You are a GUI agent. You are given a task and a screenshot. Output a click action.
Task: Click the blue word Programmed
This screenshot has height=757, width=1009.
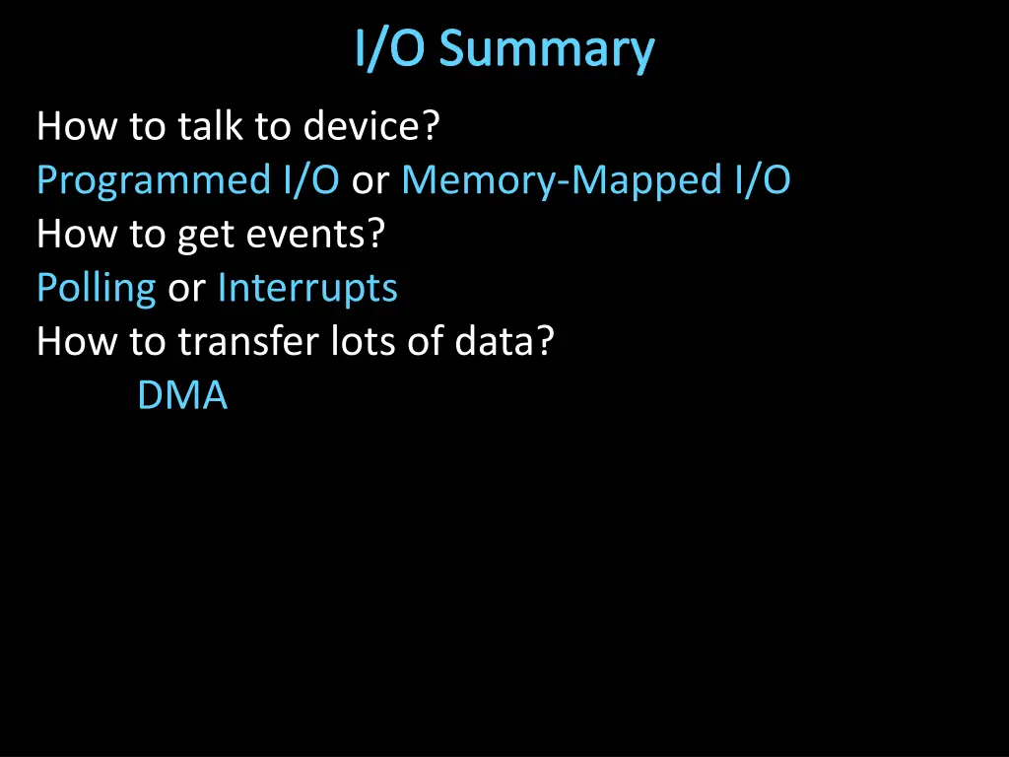pos(152,181)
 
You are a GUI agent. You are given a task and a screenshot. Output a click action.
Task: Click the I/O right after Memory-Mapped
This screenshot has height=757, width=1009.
pos(762,181)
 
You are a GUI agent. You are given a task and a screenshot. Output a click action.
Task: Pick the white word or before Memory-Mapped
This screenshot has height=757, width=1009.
pos(370,181)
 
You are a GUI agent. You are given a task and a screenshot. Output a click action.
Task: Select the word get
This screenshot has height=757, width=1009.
pos(202,236)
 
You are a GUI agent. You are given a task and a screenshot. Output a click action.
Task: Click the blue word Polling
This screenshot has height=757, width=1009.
pos(96,289)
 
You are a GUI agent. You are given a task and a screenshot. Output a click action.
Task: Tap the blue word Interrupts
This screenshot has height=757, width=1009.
pos(307,289)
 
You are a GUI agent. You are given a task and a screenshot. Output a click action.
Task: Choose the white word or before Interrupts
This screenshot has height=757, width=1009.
pos(186,289)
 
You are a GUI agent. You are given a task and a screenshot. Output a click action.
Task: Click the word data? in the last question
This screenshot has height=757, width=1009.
pos(504,343)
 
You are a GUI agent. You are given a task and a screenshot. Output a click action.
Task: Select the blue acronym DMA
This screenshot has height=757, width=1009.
pos(182,396)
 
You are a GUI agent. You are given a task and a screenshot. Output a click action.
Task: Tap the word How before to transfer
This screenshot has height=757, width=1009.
pos(76,343)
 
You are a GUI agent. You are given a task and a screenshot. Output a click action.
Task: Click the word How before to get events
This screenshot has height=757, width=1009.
pos(76,236)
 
